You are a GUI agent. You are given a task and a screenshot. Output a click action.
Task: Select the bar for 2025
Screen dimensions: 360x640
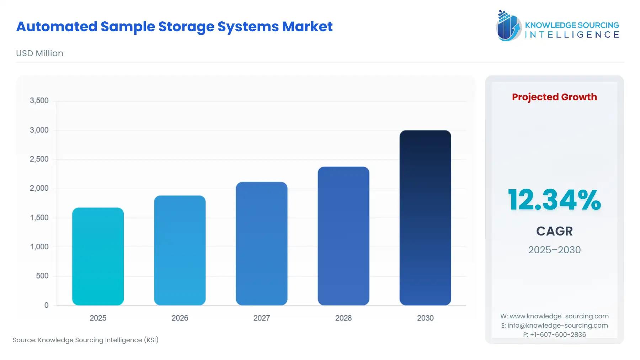(x=98, y=256)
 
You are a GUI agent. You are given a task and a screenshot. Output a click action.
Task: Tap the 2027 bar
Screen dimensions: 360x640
(x=261, y=243)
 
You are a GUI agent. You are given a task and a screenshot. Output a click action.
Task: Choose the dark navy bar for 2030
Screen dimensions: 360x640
(x=425, y=217)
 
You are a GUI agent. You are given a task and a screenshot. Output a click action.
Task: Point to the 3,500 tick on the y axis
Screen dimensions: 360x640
(x=39, y=101)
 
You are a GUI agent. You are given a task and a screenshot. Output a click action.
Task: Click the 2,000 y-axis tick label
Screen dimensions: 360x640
(x=39, y=188)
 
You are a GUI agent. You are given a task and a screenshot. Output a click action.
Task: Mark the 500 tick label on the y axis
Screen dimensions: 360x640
(x=42, y=276)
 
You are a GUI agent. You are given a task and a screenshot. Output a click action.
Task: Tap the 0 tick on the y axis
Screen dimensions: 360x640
(x=46, y=305)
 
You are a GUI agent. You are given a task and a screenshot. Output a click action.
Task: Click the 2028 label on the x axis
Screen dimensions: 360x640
(x=343, y=318)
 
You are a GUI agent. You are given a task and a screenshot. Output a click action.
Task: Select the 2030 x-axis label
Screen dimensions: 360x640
(x=425, y=318)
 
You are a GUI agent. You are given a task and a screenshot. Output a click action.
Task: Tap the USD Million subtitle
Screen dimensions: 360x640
(x=39, y=53)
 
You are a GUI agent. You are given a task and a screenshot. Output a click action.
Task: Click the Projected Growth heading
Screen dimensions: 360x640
(x=554, y=97)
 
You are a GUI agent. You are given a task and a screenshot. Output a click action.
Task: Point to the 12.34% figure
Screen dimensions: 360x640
(x=554, y=200)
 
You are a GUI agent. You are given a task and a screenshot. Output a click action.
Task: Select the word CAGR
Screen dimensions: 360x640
(x=554, y=231)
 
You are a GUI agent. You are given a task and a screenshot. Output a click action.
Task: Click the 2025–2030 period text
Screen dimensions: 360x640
(x=554, y=250)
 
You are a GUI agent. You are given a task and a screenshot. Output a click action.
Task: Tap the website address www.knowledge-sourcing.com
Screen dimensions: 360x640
(x=559, y=316)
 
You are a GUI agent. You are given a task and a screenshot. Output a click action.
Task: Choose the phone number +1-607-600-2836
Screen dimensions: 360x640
(x=558, y=335)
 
